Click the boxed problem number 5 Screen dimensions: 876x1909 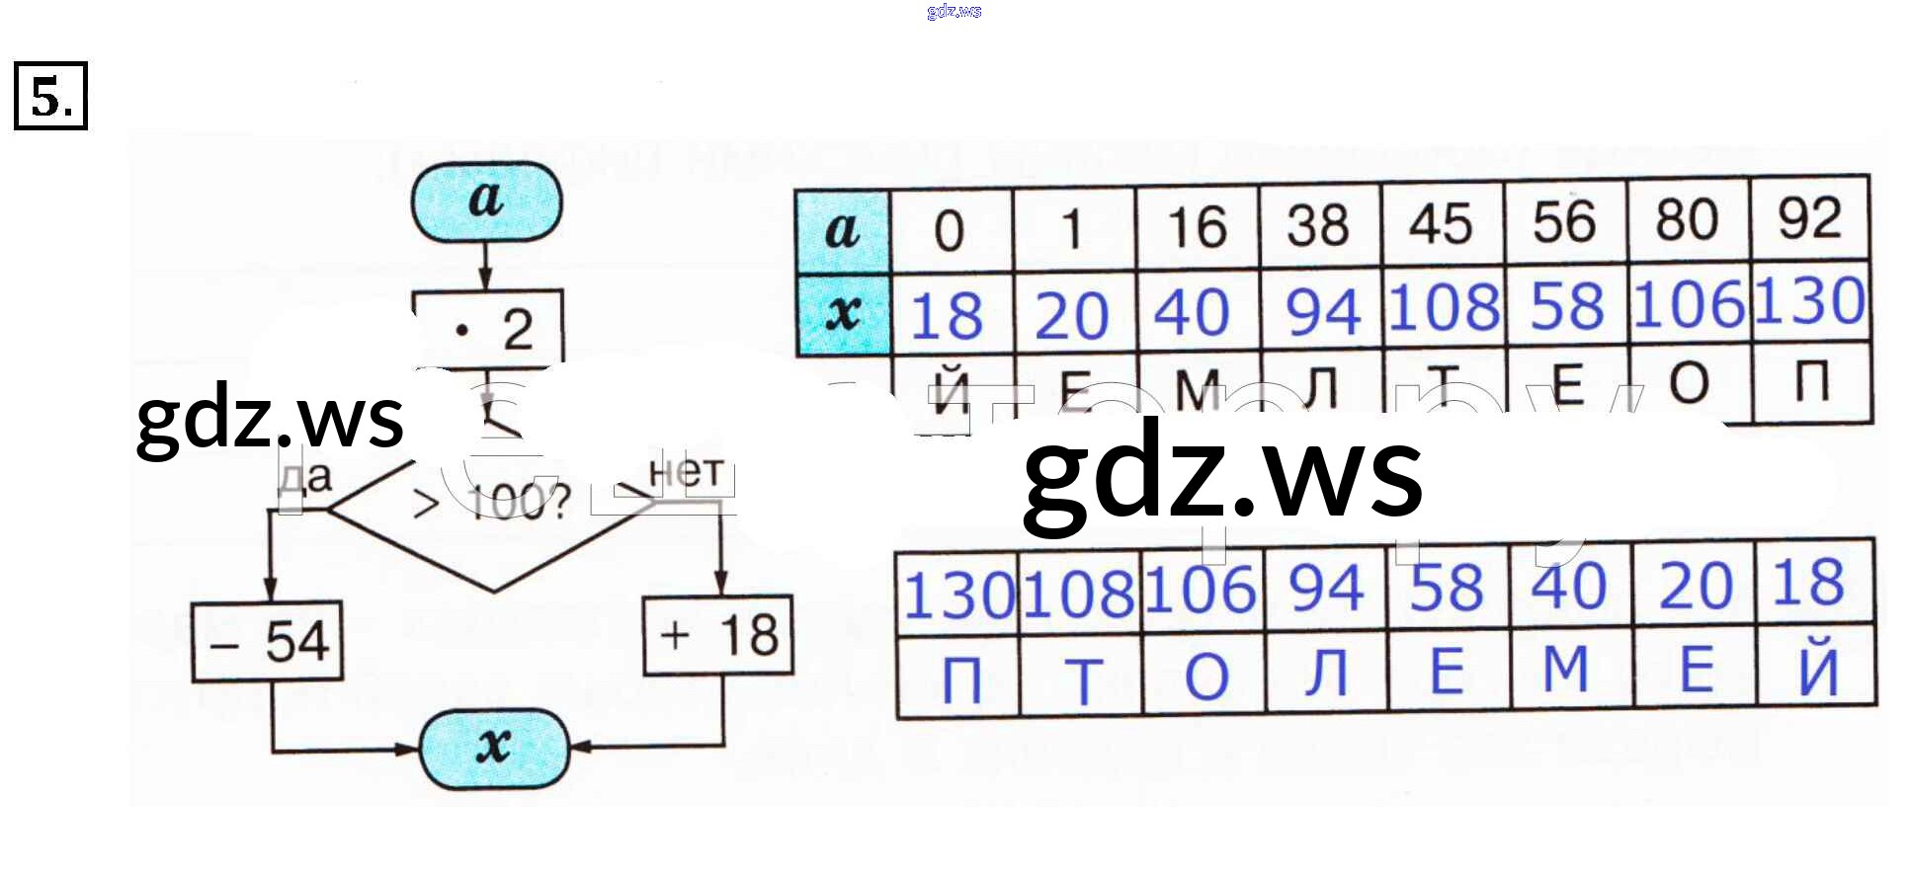50,96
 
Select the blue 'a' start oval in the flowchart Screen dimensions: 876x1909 486,201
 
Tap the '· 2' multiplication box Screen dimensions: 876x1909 488,328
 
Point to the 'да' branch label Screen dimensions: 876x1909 305,478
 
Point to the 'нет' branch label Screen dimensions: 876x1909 686,473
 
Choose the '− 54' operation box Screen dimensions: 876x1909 268,642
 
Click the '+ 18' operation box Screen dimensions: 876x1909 718,635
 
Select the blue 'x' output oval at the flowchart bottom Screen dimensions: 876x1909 494,747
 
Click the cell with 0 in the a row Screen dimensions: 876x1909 950,231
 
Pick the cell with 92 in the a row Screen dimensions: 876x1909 1809,219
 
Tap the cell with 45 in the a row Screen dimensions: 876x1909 1441,224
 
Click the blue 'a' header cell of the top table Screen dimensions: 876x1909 842,230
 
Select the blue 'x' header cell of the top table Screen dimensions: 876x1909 842,313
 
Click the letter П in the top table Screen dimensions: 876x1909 1811,382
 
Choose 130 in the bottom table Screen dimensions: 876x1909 958,596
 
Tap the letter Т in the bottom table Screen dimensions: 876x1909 1082,679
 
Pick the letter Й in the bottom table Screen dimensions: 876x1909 1817,670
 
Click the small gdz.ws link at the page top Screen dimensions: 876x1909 954,11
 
